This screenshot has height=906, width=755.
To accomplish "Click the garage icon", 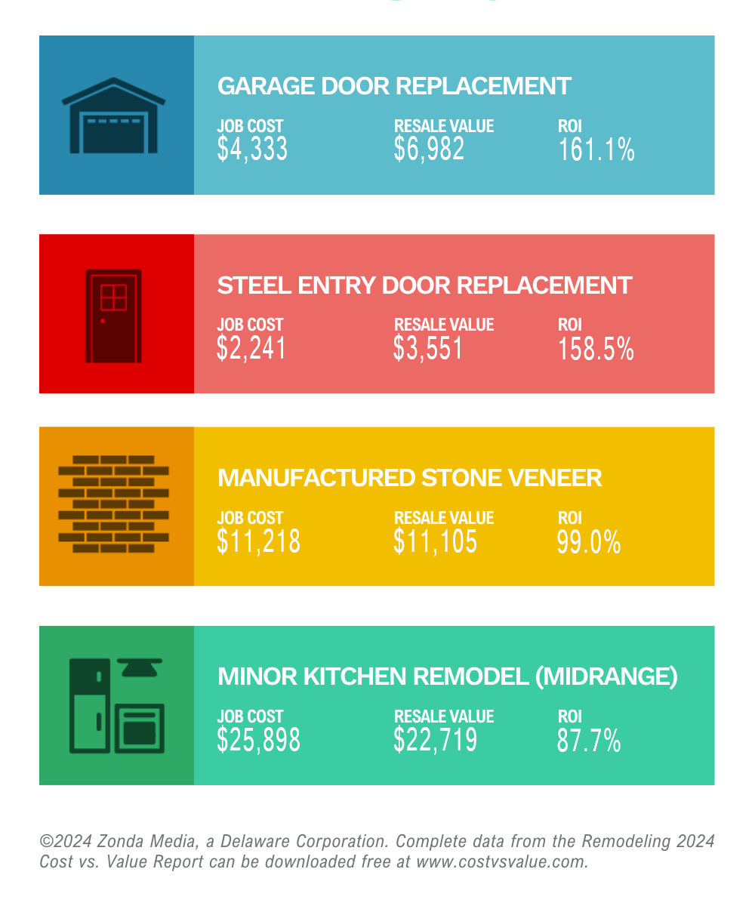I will point(113,116).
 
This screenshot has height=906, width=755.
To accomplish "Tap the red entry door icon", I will point(113,316).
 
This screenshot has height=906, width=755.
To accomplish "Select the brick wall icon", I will point(113,504).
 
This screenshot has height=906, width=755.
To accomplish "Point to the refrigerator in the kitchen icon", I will point(89,705).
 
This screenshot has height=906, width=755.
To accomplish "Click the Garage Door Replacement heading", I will point(393,86).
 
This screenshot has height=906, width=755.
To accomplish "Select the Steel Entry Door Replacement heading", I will point(424,285).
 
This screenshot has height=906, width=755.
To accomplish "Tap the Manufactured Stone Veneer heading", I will point(409,478).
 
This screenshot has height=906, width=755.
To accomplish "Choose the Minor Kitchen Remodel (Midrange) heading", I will point(447,676).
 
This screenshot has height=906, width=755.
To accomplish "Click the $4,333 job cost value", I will point(252,149).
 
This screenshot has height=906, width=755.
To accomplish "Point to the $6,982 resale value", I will point(429,149).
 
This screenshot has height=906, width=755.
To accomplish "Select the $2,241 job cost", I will point(251,349).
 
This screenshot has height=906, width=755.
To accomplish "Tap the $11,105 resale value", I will point(435,541).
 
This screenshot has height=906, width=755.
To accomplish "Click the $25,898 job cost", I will point(258,741).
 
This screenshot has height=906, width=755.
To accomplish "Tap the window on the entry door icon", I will point(113,297).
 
